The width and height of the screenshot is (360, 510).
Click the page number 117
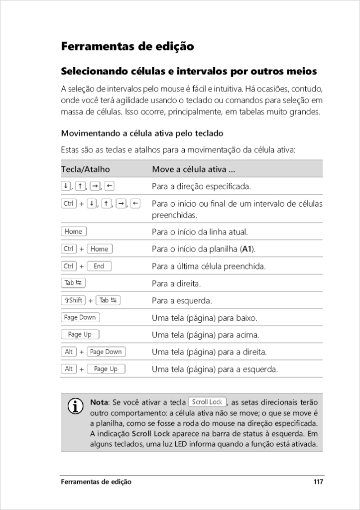click(318, 482)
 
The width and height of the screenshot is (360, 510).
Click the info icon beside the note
click(75, 406)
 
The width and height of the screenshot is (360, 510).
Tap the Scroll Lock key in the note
click(207, 402)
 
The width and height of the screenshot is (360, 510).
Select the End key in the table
click(99, 266)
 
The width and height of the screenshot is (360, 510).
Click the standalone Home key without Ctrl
click(74, 232)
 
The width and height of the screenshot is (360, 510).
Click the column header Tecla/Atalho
click(85, 169)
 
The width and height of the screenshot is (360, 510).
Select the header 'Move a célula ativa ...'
click(194, 169)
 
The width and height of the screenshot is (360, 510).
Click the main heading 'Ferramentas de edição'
click(127, 47)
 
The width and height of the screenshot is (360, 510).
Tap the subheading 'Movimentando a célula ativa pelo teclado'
click(142, 133)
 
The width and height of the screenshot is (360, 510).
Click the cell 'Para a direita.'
click(176, 284)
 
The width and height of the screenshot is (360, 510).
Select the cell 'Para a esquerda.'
click(182, 301)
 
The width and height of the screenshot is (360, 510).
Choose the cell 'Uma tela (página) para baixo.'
click(204, 318)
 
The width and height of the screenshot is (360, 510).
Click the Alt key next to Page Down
click(69, 352)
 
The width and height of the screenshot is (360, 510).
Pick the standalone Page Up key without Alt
click(80, 335)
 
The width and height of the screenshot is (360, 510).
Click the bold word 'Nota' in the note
click(99, 402)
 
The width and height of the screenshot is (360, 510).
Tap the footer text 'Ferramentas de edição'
click(96, 482)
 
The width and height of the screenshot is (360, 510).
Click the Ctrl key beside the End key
click(69, 266)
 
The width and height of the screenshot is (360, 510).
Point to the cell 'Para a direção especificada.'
click(201, 187)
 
